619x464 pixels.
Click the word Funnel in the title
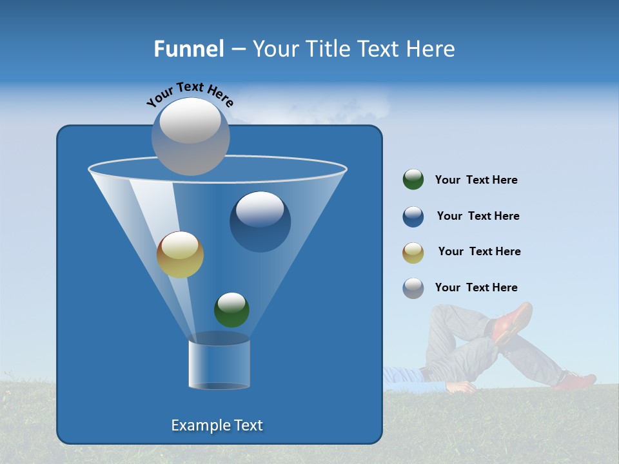(188, 49)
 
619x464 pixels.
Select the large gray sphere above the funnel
(191, 136)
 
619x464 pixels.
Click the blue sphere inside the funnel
(260, 221)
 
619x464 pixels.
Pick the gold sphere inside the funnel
(180, 255)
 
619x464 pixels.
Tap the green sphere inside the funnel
(231, 309)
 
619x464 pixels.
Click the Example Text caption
(217, 425)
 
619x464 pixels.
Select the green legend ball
(413, 180)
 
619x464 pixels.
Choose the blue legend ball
(413, 217)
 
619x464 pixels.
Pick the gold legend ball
(413, 252)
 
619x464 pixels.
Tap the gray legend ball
(413, 288)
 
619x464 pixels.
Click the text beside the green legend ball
(476, 180)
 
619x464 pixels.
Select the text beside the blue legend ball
(478, 216)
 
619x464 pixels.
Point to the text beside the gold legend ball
(479, 251)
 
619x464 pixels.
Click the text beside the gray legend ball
(476, 287)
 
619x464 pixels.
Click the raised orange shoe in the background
(514, 322)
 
